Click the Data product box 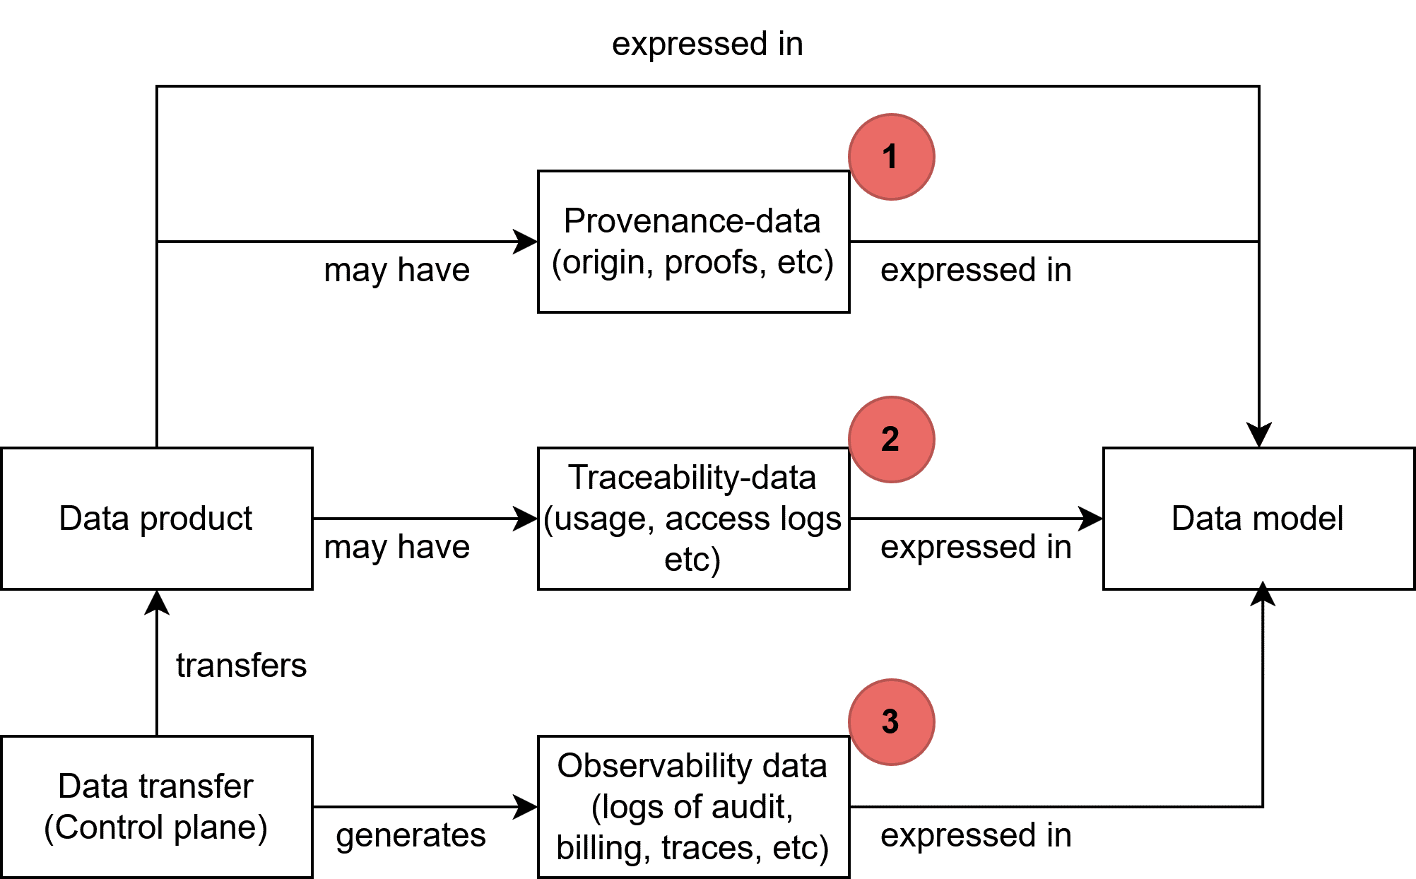click(x=156, y=518)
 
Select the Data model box click(x=1258, y=518)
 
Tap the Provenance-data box click(x=692, y=241)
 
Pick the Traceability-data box click(x=692, y=518)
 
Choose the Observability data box click(x=692, y=806)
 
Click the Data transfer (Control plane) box click(x=156, y=806)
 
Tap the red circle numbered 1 click(x=891, y=156)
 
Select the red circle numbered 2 click(x=891, y=439)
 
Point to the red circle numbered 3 click(x=891, y=721)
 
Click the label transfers click(x=241, y=665)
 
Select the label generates click(x=411, y=834)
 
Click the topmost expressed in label click(x=707, y=44)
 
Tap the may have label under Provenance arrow click(x=396, y=270)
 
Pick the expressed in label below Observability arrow click(x=976, y=834)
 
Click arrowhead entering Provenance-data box click(x=526, y=241)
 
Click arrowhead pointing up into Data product click(x=156, y=602)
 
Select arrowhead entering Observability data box click(x=526, y=806)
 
